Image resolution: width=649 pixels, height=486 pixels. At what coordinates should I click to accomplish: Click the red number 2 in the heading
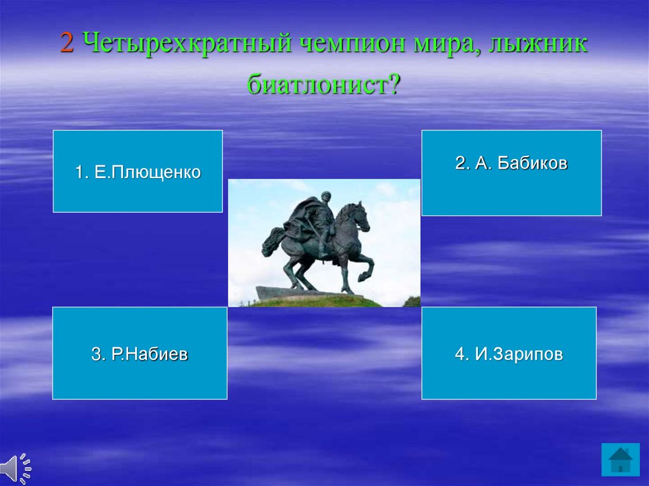point(67,42)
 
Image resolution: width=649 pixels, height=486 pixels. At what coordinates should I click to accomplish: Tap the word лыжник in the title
point(537,42)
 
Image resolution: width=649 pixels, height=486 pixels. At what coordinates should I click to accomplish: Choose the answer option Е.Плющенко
point(138,171)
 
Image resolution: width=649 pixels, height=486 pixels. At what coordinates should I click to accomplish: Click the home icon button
point(620,459)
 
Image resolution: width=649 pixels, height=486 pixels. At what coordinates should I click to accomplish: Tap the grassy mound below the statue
point(319,302)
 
